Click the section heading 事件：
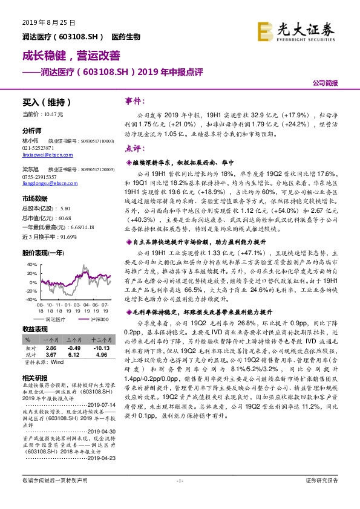click(134, 101)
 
